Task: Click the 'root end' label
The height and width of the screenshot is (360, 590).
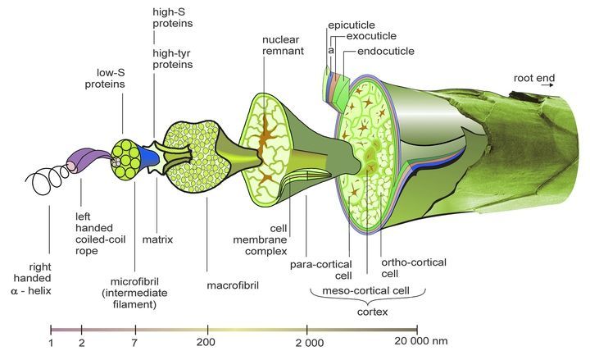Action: click(534, 78)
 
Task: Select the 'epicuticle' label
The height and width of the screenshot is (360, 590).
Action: click(352, 25)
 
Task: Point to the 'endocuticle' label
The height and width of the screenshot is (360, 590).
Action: click(386, 51)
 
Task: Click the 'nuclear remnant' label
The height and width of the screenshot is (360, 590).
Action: click(284, 46)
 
